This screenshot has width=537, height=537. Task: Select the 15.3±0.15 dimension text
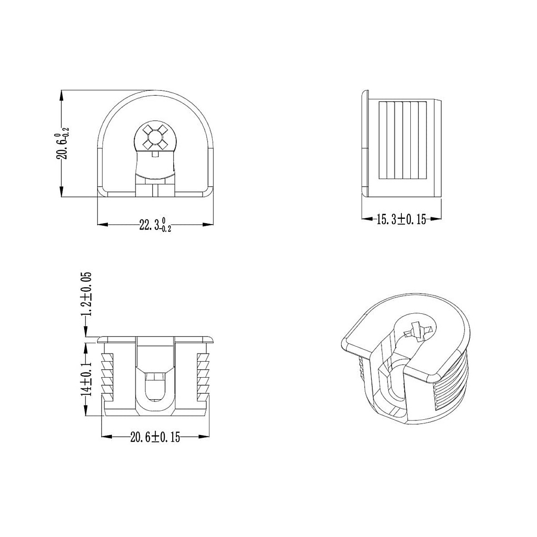click(401, 219)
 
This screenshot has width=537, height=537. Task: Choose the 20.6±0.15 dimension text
click(155, 437)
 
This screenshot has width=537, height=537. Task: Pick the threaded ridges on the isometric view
click(452, 385)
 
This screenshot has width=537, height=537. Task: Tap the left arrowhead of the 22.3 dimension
click(101, 224)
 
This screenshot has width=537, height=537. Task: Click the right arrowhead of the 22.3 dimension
click(209, 224)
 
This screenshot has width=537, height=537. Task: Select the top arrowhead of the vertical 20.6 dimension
click(61, 94)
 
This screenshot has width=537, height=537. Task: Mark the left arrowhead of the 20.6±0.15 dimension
click(106, 436)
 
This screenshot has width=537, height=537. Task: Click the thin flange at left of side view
click(365, 143)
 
